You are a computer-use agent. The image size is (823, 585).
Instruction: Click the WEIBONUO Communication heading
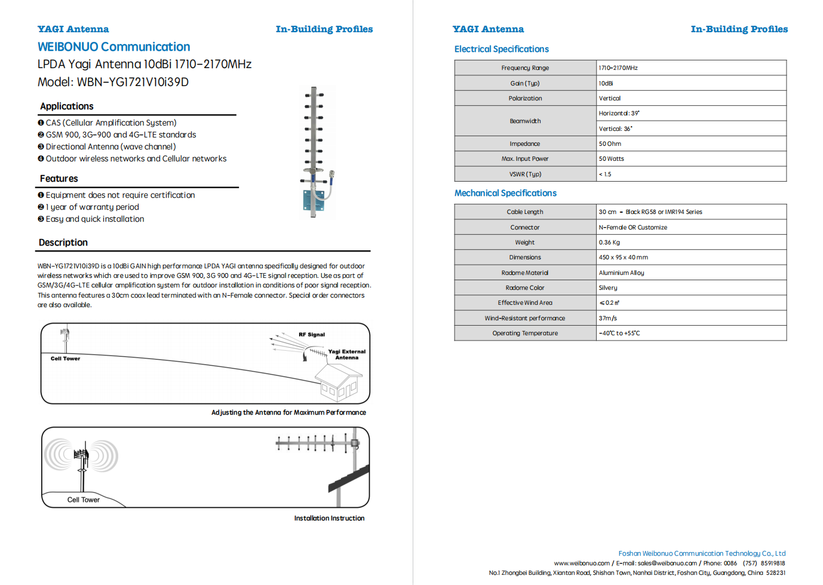click(x=113, y=47)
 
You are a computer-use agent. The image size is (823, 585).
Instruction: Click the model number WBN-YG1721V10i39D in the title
click(x=133, y=82)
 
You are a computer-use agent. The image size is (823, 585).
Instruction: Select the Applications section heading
click(x=67, y=106)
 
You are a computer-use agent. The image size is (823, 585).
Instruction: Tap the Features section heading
click(x=59, y=179)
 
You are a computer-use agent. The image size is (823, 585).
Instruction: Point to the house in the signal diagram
click(x=338, y=382)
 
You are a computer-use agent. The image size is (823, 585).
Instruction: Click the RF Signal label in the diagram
click(x=312, y=335)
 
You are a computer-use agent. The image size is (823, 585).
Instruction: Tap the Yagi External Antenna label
click(x=346, y=354)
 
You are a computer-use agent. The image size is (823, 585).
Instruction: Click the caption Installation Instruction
click(x=329, y=518)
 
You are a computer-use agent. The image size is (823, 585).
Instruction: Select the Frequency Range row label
click(x=525, y=68)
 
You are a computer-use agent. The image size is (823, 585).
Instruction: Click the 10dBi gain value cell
click(x=606, y=84)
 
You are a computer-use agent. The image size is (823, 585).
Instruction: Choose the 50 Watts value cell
click(x=612, y=159)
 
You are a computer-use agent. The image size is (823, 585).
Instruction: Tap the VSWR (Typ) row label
click(x=525, y=174)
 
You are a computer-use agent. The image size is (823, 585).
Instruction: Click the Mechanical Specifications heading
click(x=505, y=193)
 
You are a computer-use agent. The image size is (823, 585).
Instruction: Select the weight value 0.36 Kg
click(x=609, y=243)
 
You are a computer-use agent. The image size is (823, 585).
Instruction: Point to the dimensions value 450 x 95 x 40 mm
click(x=624, y=258)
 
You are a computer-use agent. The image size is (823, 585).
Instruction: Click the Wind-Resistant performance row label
click(x=525, y=318)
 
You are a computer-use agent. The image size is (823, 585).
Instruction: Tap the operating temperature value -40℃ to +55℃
click(x=619, y=333)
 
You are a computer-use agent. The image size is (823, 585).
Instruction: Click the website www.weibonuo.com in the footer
click(x=582, y=563)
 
